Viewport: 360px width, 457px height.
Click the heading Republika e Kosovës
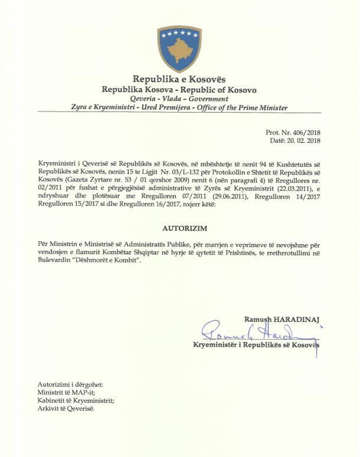coord(179,80)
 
